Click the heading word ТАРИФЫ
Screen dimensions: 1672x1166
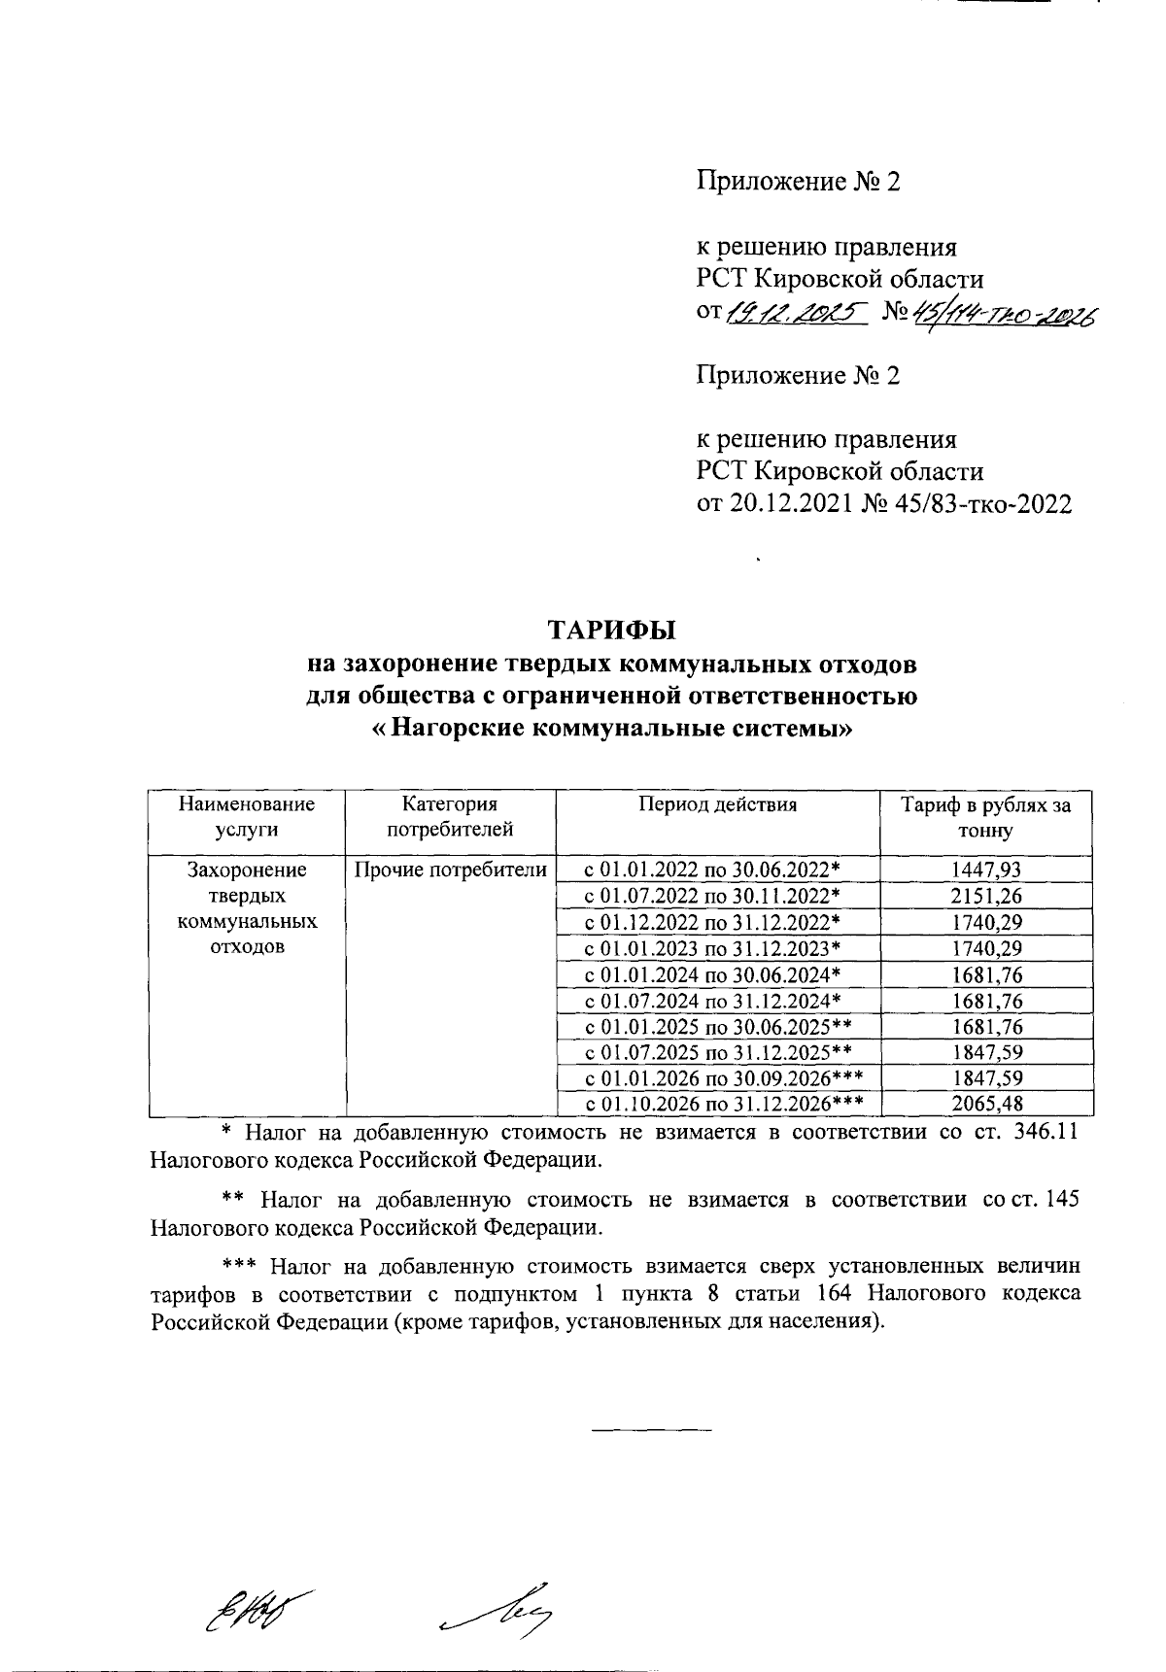coord(611,631)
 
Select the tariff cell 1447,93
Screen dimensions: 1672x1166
coord(986,870)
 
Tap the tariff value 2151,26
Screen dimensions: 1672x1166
coord(986,896)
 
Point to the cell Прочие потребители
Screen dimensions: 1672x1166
coord(450,870)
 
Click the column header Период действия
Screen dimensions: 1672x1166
coord(717,804)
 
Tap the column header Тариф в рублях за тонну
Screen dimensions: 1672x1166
coord(986,818)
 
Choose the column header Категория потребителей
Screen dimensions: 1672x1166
coord(450,817)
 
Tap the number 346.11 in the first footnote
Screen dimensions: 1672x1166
coord(1040,1133)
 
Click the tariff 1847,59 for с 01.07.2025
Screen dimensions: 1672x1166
coord(986,1052)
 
